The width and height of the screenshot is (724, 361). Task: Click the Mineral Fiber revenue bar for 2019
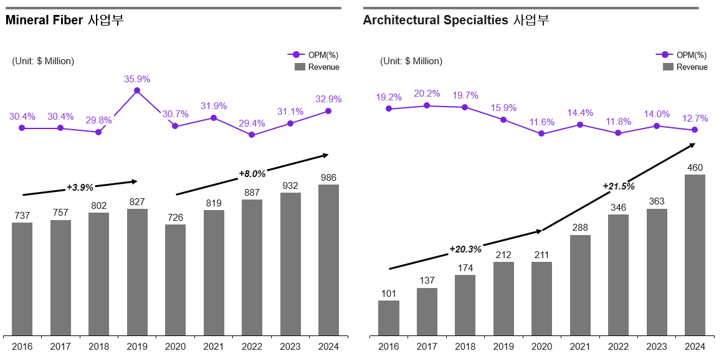[137, 272]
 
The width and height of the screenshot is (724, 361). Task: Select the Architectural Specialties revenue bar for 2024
[695, 254]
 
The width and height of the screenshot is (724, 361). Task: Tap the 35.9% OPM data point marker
[137, 91]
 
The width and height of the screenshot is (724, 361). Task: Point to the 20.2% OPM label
[427, 94]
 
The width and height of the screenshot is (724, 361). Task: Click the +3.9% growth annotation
[80, 187]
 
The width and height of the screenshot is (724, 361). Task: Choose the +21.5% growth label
[618, 186]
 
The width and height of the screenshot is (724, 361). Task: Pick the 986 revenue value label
[328, 178]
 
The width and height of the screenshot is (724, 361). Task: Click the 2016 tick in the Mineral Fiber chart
[22, 347]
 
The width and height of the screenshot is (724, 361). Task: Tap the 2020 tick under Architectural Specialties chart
[542, 347]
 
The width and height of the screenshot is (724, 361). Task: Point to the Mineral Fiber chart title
[64, 20]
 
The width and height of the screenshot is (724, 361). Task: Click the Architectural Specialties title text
[455, 20]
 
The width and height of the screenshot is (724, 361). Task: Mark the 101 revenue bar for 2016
[389, 318]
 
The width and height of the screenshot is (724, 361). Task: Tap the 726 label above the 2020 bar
[175, 218]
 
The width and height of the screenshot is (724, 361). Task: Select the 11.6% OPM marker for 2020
[541, 133]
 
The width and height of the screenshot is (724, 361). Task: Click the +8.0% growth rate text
[252, 174]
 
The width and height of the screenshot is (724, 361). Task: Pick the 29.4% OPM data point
[252, 135]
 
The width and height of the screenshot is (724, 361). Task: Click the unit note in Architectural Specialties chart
[411, 61]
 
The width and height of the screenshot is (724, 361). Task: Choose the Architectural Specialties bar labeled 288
[580, 285]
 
